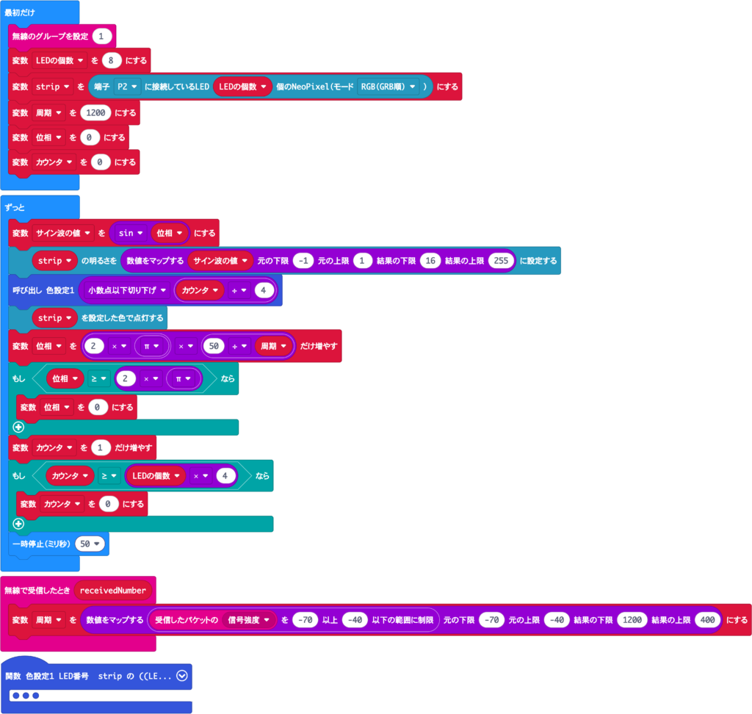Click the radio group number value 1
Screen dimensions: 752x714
click(101, 36)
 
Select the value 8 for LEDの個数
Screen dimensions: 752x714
click(112, 60)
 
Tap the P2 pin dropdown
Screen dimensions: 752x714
click(127, 87)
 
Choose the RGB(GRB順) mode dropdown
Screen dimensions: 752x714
click(388, 87)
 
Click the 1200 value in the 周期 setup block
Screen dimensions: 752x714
click(95, 113)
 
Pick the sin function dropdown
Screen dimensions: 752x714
click(131, 233)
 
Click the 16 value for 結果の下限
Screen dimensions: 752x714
click(430, 261)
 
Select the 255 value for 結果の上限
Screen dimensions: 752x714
click(501, 261)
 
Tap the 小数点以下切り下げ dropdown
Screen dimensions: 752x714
click(126, 290)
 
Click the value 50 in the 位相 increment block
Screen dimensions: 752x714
click(214, 346)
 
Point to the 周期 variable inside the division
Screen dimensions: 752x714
click(273, 346)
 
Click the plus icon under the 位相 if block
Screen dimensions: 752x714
click(18, 427)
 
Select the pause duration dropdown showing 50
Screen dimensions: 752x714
click(90, 544)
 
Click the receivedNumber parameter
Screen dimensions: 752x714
click(112, 591)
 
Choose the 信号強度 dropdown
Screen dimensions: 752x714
click(248, 620)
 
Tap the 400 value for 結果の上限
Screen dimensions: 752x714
click(707, 620)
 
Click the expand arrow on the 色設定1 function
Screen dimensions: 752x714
click(182, 676)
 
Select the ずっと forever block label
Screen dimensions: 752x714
click(15, 207)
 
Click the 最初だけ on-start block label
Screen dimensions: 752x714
click(20, 12)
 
